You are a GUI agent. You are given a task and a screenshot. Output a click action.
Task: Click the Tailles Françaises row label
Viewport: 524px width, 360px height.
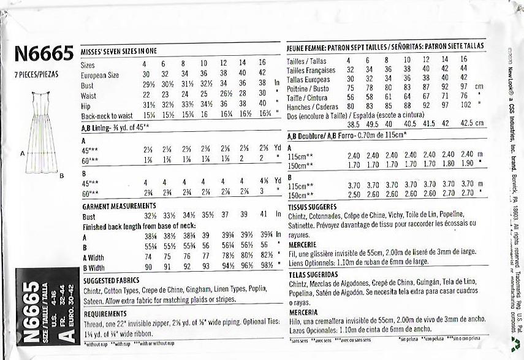pyautogui.click(x=311, y=70)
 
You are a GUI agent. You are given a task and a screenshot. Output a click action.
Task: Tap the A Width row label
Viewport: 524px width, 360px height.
pyautogui.click(x=96, y=257)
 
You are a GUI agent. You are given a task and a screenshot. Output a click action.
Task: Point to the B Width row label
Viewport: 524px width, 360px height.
pyautogui.click(x=96, y=267)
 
